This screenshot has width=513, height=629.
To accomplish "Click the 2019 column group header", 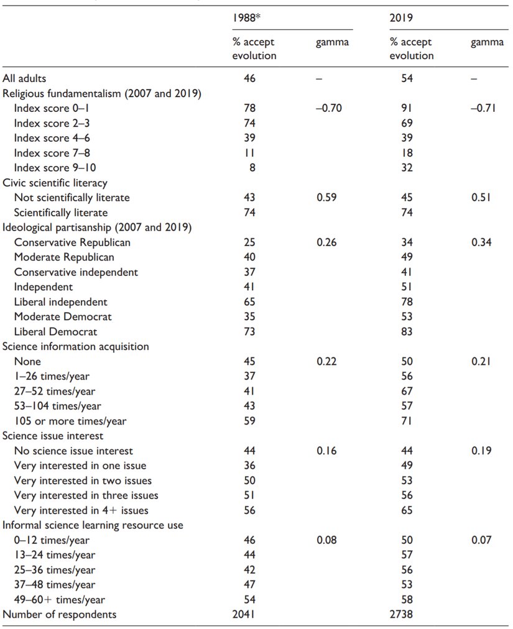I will click(x=401, y=17).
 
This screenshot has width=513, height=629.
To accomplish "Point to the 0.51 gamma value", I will click(x=484, y=198).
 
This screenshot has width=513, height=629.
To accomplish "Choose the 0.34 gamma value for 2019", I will click(x=484, y=242).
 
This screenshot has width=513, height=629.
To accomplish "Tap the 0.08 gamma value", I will click(x=328, y=540).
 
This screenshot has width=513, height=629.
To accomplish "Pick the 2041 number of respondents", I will click(x=246, y=615).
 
